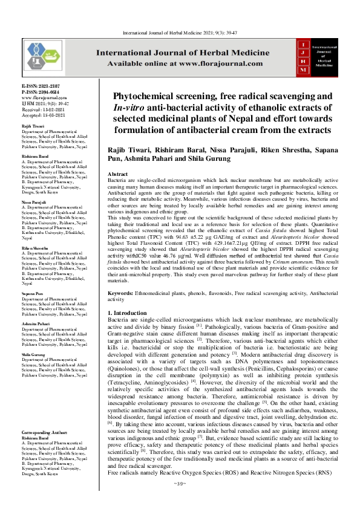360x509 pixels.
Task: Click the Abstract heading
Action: coord(118,173)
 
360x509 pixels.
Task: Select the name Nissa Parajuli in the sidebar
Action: coord(34,202)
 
